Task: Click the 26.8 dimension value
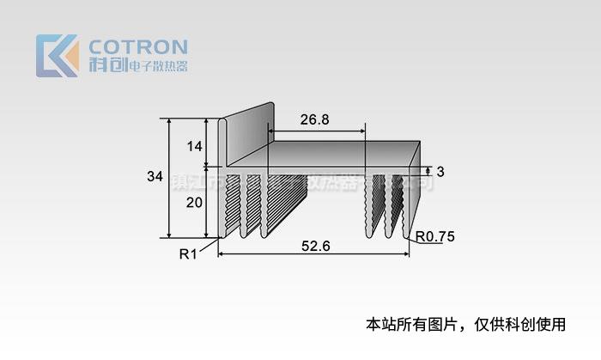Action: tap(315, 120)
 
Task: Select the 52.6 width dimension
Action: tap(317, 246)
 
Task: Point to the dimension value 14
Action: tap(194, 146)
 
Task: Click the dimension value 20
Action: tap(194, 203)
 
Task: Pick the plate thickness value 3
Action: tap(440, 170)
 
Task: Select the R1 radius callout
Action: tap(188, 253)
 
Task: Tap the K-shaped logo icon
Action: tap(57, 56)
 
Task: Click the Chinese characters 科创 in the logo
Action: tap(106, 66)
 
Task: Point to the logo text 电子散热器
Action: tap(157, 67)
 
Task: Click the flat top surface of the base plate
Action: tap(343, 155)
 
